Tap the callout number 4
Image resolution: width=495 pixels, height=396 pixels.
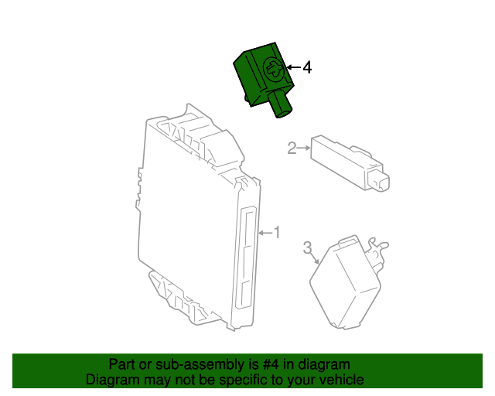(307, 68)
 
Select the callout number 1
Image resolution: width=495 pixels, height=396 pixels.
(277, 232)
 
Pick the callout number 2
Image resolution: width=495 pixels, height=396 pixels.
(292, 148)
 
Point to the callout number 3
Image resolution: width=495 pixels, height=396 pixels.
(306, 247)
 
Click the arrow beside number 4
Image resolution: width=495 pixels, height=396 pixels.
(294, 68)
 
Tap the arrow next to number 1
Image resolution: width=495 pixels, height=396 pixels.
(265, 232)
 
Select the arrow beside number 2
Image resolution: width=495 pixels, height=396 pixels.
(303, 148)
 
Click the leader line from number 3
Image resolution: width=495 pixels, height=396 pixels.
(315, 259)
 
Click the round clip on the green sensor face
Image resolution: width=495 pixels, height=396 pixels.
(273, 70)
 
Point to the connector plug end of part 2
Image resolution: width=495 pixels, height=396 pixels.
(380, 181)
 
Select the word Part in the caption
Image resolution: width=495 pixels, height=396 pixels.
(121, 364)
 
